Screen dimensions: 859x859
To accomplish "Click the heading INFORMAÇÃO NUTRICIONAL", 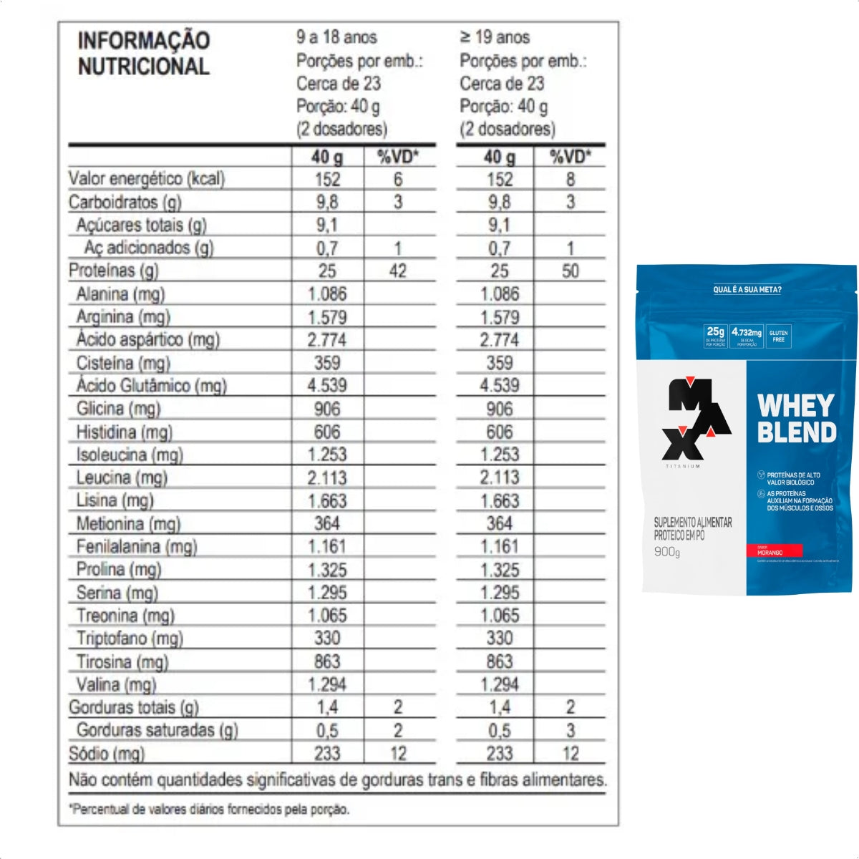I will [x=143, y=53].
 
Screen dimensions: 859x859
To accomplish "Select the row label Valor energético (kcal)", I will [x=147, y=178].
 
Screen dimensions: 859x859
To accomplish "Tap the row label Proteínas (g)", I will [x=113, y=271].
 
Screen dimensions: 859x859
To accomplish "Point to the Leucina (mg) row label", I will [x=122, y=477].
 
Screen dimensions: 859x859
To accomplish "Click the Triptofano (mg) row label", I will [x=130, y=638].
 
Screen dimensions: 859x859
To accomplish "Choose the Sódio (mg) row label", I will [x=107, y=753].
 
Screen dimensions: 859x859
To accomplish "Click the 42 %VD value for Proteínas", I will [x=398, y=271].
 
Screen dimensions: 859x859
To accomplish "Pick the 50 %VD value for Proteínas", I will [x=571, y=271].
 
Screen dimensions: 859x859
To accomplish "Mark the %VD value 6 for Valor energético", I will [x=398, y=179].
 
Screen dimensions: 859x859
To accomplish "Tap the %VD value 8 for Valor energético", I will [x=571, y=179].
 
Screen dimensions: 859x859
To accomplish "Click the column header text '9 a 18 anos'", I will [x=336, y=37].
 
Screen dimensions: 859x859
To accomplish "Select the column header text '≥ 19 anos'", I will [x=495, y=37].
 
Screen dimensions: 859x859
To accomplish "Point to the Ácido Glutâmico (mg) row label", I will [x=152, y=386].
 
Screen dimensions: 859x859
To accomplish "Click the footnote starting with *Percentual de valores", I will [x=209, y=810].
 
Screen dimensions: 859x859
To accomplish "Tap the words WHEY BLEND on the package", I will [x=797, y=419].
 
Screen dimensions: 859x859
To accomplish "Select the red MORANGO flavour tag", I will [x=775, y=552].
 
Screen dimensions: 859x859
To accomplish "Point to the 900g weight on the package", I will [x=667, y=552].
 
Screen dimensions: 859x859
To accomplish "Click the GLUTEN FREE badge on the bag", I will [x=778, y=336].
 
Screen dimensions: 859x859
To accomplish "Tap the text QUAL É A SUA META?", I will [x=747, y=290].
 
